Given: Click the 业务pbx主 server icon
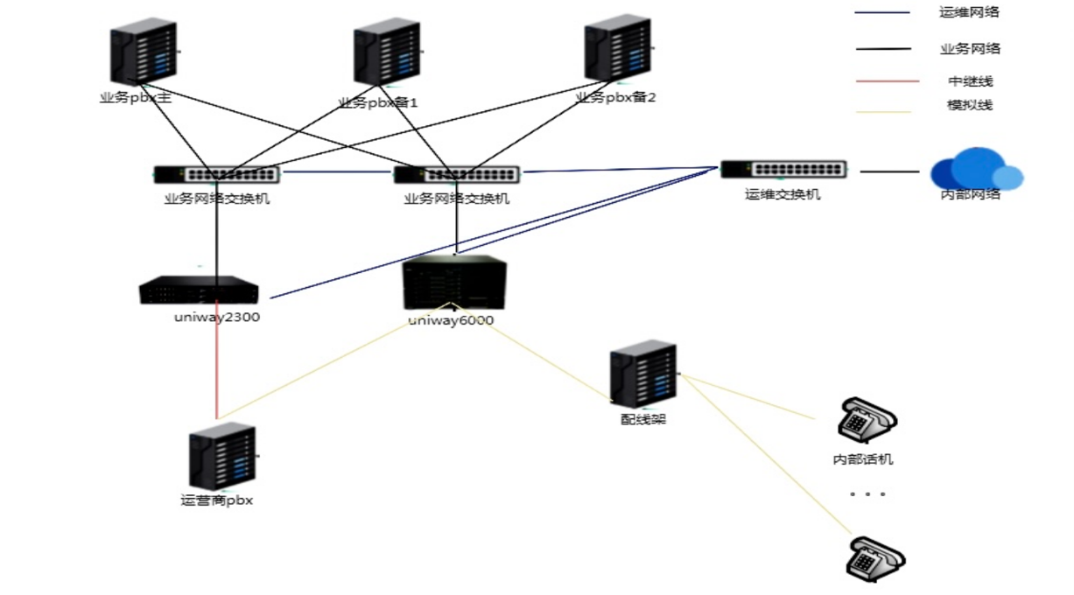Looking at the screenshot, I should click(144, 54).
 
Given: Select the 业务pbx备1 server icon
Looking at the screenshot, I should click(386, 55).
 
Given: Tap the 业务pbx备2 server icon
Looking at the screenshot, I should click(618, 49).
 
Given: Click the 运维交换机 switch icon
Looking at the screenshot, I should click(783, 169).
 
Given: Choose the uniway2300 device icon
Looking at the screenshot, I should click(199, 290).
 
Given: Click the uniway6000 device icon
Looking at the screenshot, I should click(454, 283).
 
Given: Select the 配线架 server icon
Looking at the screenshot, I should click(643, 375).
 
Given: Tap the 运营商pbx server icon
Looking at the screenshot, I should click(222, 458).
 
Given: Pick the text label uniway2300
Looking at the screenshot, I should click(217, 318).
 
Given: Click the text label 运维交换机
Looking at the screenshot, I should click(783, 194).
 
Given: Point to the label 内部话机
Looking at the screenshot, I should click(863, 458).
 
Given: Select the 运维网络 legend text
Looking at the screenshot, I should click(969, 12).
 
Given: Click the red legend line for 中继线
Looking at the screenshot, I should click(888, 81).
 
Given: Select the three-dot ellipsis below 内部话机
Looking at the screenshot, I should click(867, 494).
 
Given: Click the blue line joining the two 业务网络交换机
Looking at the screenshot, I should click(336, 171).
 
